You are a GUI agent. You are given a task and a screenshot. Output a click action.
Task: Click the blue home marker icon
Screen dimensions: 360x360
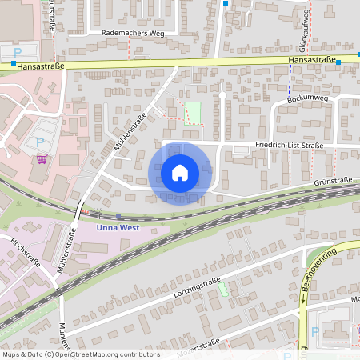point(179,172)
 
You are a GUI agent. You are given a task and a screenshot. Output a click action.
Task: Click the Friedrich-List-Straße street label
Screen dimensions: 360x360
point(289,146)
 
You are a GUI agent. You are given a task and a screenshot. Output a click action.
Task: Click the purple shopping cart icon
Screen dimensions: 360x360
point(41,159)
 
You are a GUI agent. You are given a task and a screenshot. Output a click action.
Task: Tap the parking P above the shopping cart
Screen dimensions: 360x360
point(40,142)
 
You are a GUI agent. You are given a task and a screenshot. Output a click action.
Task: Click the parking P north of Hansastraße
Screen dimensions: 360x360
point(18,52)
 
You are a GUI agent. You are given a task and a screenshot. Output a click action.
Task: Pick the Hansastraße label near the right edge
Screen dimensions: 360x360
point(311,60)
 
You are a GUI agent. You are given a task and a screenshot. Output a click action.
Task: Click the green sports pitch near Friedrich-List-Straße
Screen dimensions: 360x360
point(193,113)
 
